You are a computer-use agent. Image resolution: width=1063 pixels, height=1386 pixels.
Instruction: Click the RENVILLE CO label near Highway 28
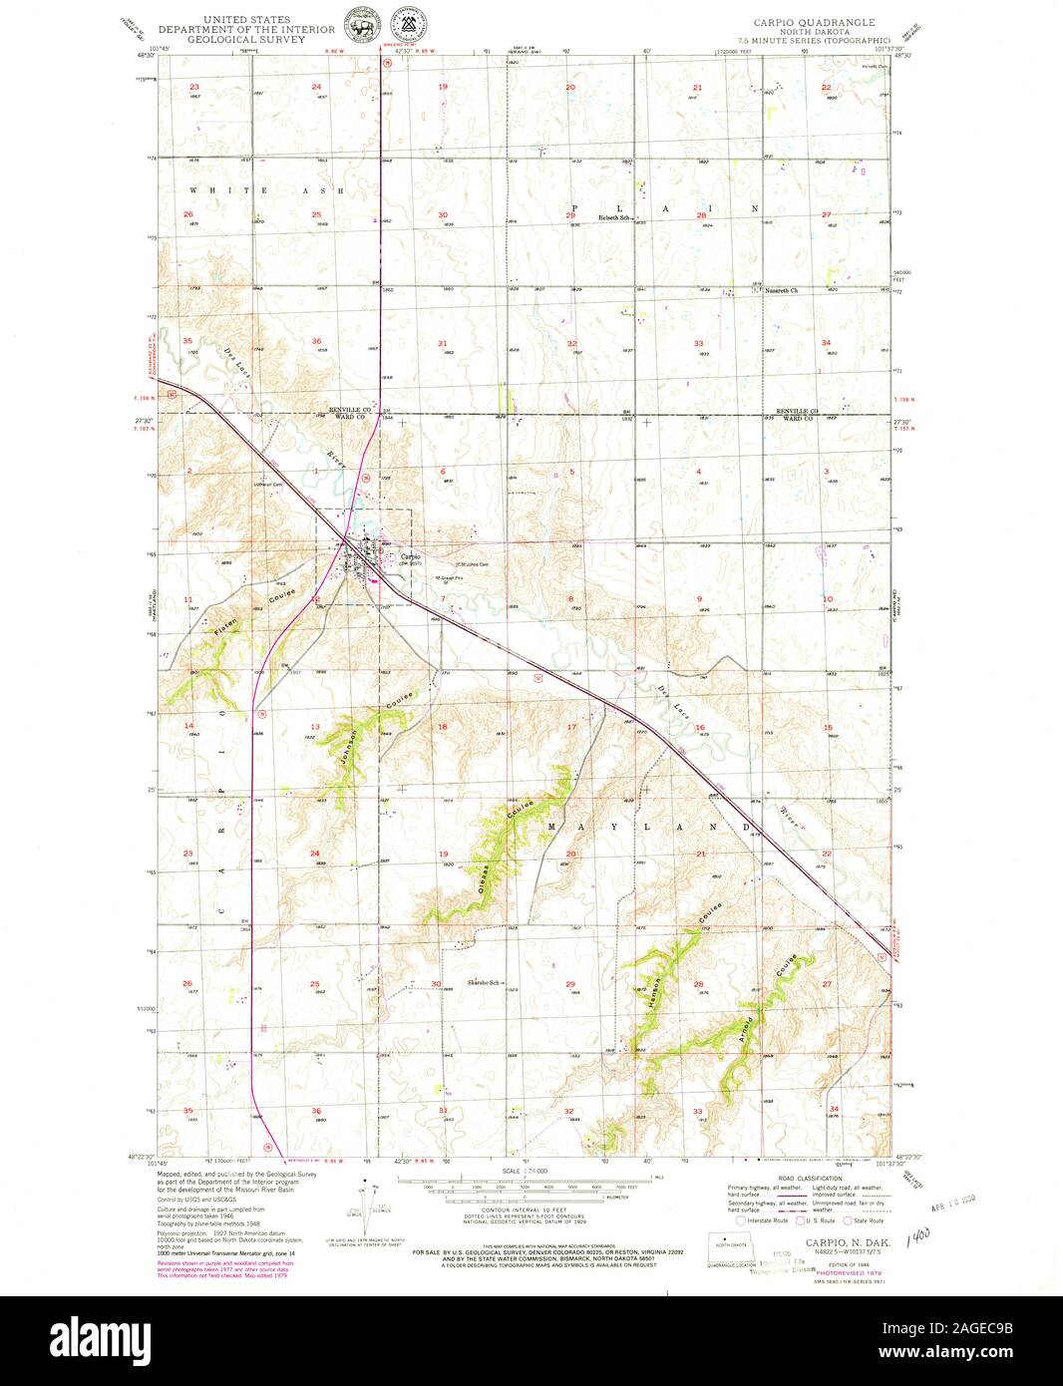click(350, 410)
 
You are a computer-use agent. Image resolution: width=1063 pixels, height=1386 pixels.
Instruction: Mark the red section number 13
click(315, 727)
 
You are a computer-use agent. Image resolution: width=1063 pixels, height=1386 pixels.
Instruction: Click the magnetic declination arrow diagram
click(370, 1197)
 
